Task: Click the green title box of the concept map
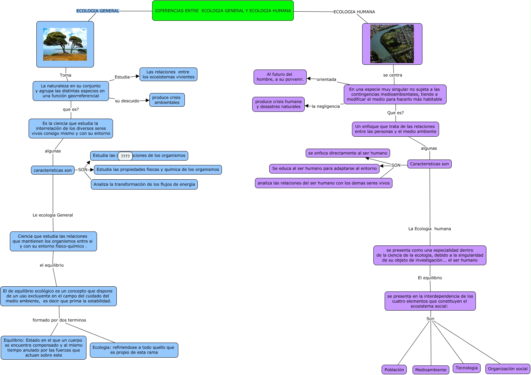[223, 11]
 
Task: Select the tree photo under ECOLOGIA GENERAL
[65, 44]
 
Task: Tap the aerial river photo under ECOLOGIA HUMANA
[392, 44]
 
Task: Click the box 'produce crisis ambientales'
[167, 100]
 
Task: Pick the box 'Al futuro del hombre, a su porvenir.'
[280, 77]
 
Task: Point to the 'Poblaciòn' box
[394, 370]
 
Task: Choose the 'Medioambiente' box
[431, 370]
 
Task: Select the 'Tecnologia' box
[467, 368]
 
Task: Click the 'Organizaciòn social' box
[508, 369]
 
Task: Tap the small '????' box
[125, 156]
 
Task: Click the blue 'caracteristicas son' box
[53, 170]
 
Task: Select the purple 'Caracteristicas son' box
[429, 164]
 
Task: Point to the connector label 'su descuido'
[127, 101]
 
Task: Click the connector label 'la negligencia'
[326, 106]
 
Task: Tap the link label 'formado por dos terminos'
[59, 320]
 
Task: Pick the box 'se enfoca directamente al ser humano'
[348, 153]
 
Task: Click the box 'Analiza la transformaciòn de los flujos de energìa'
[144, 184]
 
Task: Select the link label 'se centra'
[392, 75]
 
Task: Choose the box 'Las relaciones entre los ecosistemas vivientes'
[168, 74]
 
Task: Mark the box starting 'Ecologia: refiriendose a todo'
[134, 350]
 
